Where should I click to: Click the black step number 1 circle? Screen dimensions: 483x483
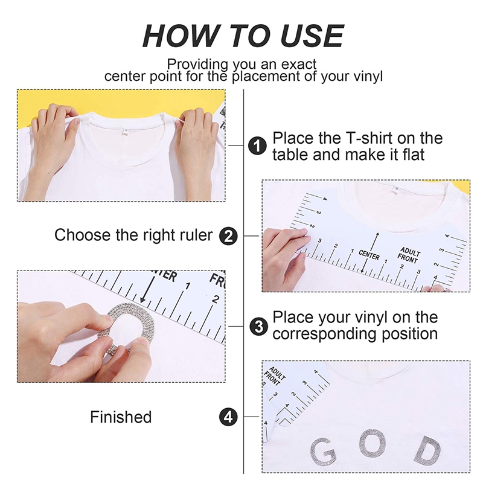257,146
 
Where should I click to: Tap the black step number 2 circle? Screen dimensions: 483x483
229,235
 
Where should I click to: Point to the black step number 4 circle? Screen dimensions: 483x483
228,417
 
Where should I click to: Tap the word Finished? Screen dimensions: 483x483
121,417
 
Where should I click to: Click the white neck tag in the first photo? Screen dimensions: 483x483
125,131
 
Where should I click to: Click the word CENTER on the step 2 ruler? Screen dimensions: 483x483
369,254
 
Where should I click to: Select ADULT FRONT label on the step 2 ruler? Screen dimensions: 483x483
409,254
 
